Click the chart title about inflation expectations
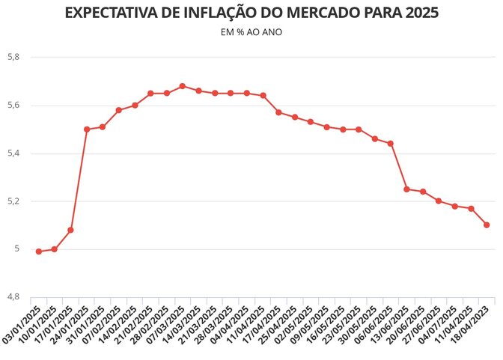pos(251,13)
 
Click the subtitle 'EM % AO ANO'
pos(251,33)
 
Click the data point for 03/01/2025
pos(39,251)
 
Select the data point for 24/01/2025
pos(87,129)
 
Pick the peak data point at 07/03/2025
pos(183,86)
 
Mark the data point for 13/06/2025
pos(406,189)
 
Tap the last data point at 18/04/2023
pos(487,225)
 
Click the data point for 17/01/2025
pos(70,230)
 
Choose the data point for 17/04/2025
pos(278,112)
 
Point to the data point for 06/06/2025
pos(391,143)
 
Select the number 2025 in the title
pos(420,13)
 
